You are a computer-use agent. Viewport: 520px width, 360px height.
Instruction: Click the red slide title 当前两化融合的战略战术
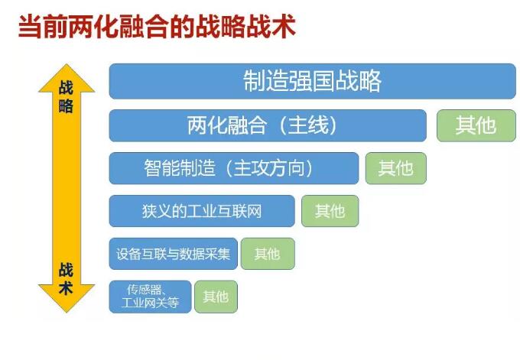coord(157,27)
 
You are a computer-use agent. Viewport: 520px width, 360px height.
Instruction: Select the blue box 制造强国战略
coord(313,81)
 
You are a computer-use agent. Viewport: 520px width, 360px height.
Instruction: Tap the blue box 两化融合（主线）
coord(268,125)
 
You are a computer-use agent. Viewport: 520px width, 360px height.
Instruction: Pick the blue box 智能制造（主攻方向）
coord(234,168)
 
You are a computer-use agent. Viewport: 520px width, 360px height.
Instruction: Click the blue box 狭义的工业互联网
coord(202,211)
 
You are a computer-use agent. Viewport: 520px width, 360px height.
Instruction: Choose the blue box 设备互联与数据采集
coord(173,254)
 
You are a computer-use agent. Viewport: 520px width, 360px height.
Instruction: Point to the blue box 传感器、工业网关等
coord(150,297)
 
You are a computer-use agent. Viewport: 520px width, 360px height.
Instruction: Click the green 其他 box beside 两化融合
coord(476,125)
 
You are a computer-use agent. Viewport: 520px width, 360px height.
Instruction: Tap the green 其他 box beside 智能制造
coord(396,168)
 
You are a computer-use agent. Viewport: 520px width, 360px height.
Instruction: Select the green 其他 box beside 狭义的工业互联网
coord(330,211)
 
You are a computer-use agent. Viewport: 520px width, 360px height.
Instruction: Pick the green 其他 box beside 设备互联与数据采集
coord(268,254)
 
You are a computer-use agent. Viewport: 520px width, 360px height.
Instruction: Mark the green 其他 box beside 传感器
coord(216,297)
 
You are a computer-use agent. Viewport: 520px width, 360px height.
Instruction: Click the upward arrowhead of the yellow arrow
coord(67,64)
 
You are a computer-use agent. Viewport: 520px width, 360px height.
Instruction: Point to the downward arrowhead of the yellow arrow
coord(67,312)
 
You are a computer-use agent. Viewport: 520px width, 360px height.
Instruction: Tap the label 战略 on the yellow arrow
coord(66,97)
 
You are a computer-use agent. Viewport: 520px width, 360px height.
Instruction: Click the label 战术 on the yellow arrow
coord(66,279)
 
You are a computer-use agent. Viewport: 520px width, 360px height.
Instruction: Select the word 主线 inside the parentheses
coord(308,125)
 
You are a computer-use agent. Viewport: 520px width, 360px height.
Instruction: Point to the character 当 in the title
coord(31,27)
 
